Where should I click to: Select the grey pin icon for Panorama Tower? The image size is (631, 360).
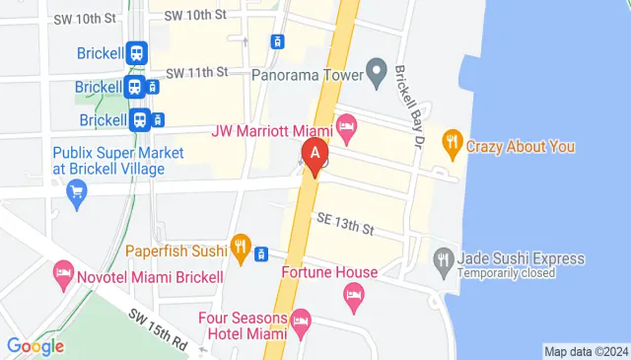(376, 71)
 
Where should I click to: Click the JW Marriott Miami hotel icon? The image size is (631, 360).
(345, 125)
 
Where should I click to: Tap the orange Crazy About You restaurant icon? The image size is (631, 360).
(452, 142)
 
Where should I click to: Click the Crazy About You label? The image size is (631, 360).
(521, 147)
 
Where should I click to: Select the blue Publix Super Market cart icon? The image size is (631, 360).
(76, 191)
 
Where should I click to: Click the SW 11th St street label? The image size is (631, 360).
(196, 72)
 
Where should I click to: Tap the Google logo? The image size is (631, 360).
(35, 346)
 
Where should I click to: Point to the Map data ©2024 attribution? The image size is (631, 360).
(586, 351)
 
